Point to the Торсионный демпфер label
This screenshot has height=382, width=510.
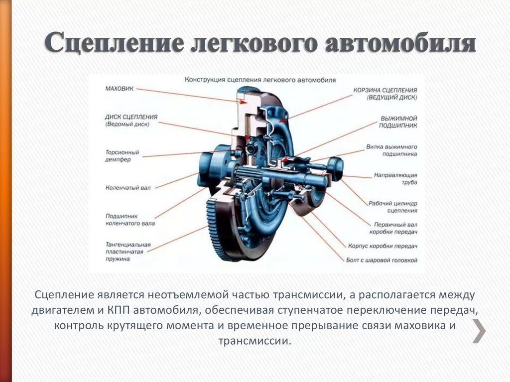pyautogui.click(x=122, y=156)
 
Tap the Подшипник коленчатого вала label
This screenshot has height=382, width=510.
pyautogui.click(x=130, y=220)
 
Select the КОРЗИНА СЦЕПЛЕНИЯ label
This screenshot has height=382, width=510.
pyautogui.click(x=392, y=94)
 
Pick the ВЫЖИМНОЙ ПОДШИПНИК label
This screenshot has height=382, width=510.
pyautogui.click(x=398, y=122)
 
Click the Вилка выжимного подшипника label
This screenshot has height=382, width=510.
pyautogui.click(x=391, y=150)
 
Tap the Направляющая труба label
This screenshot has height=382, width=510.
pyautogui.click(x=395, y=179)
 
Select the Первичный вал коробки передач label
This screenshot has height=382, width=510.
pyautogui.click(x=393, y=229)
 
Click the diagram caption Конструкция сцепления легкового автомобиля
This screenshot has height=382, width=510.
pyautogui.click(x=260, y=80)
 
